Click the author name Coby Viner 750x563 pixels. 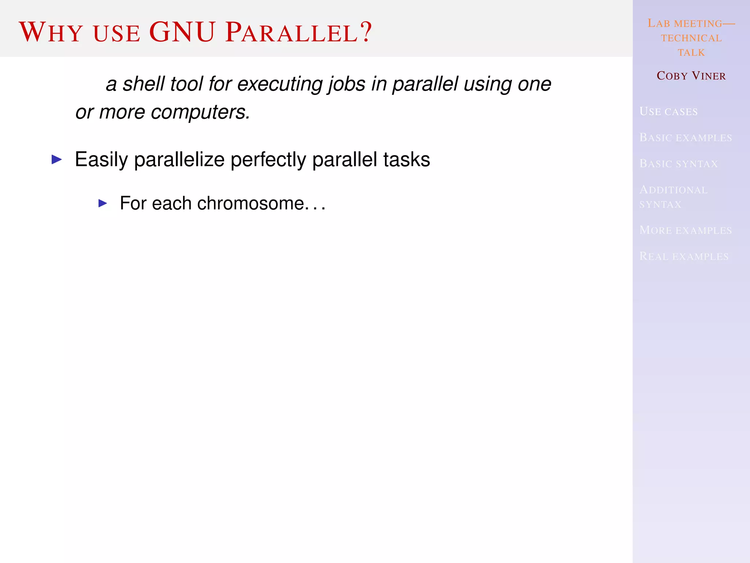[691, 76]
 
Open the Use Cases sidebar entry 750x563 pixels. [668, 111]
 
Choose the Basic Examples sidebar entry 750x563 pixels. [686, 138]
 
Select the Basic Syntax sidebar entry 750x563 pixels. [679, 164]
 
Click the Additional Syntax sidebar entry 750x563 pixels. [673, 197]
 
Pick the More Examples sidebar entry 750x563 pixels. [686, 230]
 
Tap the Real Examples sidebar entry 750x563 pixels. [684, 256]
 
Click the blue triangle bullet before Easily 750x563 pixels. [57, 159]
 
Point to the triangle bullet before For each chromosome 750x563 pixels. [103, 203]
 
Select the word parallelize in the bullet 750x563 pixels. [179, 160]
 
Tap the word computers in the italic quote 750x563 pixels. [200, 112]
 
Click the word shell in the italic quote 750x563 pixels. [144, 84]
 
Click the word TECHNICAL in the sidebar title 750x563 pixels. [691, 38]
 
